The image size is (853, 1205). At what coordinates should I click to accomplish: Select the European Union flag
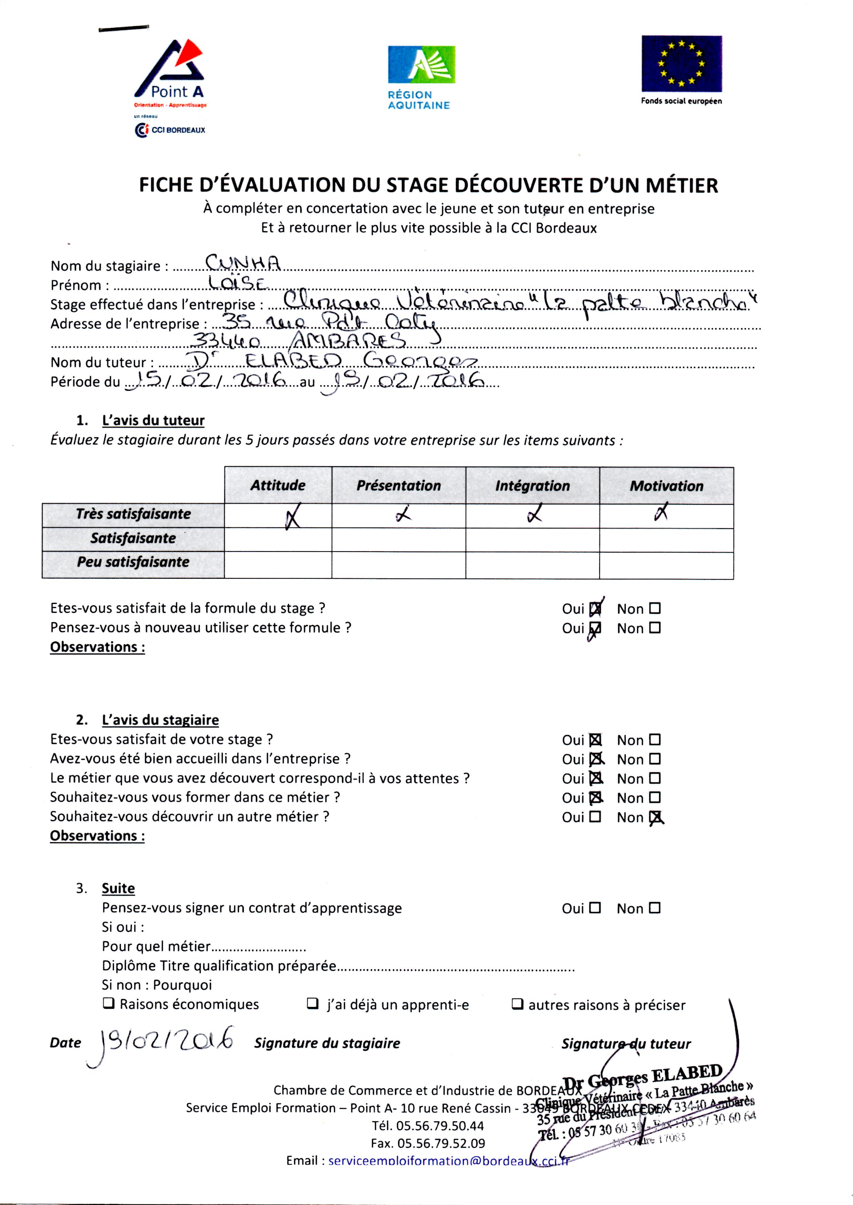681,64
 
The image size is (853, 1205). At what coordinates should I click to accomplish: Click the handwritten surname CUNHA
243,263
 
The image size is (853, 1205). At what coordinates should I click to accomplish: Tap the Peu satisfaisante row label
133,562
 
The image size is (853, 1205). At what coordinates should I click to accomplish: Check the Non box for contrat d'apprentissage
654,908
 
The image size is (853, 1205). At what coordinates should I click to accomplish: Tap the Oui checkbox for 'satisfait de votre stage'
595,740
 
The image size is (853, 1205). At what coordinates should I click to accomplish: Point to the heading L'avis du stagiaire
160,720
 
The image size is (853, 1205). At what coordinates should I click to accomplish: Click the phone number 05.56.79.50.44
428,1126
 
